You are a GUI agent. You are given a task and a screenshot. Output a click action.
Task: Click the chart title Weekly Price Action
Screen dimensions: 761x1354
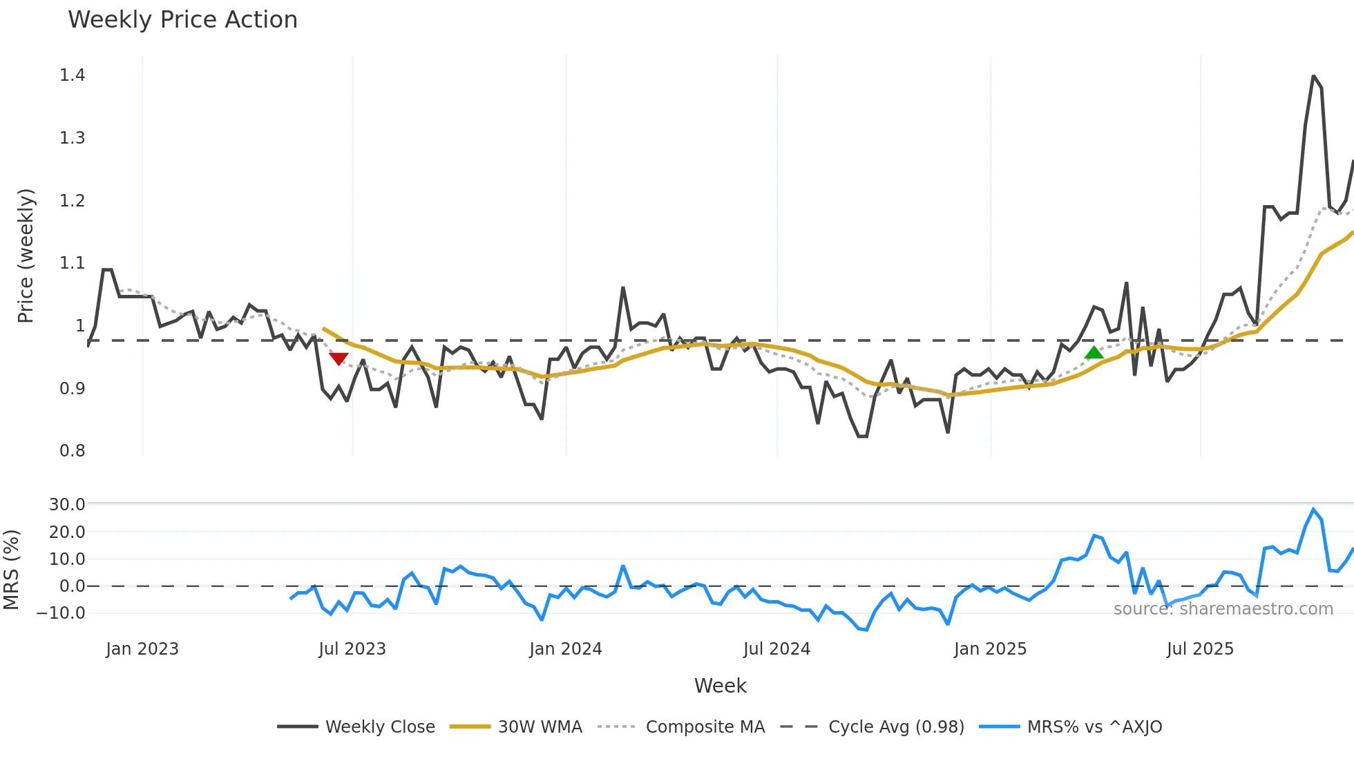(x=182, y=20)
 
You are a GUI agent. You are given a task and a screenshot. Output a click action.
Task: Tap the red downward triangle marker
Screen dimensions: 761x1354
(x=338, y=358)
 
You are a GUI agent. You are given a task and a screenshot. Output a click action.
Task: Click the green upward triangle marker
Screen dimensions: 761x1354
(x=1094, y=353)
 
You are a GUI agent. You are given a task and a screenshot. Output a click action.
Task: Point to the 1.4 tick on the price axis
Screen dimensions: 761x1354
(x=73, y=75)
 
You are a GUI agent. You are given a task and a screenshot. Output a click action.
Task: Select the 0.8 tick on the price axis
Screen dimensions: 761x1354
(x=73, y=451)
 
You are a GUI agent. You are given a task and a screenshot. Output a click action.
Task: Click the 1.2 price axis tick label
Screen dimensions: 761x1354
(x=73, y=201)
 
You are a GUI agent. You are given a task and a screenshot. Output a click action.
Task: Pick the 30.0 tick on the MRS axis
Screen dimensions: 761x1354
(x=67, y=505)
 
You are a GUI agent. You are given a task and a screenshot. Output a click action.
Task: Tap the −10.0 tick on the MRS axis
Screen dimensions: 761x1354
(x=61, y=613)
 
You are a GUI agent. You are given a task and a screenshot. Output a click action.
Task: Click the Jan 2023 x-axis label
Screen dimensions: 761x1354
(x=142, y=649)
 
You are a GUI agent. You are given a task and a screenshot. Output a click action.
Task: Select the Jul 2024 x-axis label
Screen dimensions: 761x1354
(x=776, y=649)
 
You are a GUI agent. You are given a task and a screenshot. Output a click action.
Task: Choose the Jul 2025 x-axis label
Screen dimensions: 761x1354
(x=1200, y=649)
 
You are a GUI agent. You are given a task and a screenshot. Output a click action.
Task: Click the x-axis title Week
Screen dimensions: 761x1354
(x=720, y=686)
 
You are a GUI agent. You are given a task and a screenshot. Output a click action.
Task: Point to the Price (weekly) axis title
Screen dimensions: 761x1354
(x=26, y=256)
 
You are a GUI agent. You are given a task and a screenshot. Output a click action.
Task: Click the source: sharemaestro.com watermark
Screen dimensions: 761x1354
(x=1223, y=609)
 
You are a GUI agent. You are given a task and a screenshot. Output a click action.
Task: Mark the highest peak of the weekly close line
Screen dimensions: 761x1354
(x=1313, y=76)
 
